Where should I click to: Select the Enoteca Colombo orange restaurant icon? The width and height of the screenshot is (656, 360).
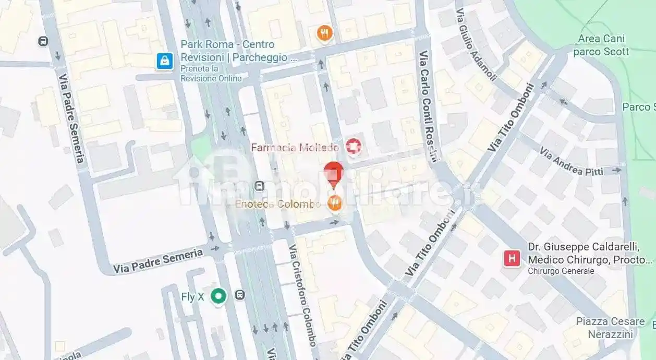click(x=334, y=203)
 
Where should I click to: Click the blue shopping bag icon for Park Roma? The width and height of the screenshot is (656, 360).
click(x=165, y=62)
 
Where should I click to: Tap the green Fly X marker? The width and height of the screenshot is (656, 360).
click(x=218, y=296)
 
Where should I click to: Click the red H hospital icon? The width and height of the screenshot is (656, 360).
click(x=512, y=258)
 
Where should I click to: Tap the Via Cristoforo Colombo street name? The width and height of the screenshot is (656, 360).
click(x=302, y=295)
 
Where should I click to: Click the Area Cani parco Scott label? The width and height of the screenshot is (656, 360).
click(x=601, y=45)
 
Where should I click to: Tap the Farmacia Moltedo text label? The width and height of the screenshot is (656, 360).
click(x=295, y=148)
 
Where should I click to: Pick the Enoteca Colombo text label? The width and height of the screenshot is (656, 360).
click(x=277, y=204)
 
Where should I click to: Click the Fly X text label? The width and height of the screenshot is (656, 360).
click(x=192, y=297)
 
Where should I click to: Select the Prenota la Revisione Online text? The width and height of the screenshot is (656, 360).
click(x=211, y=74)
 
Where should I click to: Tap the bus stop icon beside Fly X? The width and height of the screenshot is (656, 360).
click(x=239, y=295)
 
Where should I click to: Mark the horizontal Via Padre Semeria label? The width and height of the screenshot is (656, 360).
click(x=158, y=261)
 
